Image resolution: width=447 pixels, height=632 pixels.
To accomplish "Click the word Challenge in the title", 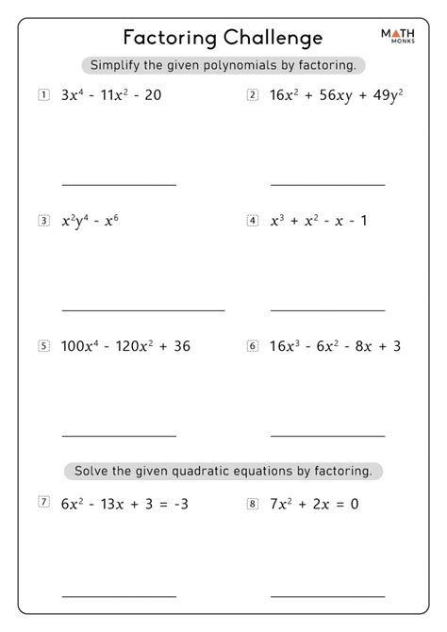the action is tap(274, 37).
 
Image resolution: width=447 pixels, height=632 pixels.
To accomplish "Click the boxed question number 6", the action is tap(253, 345).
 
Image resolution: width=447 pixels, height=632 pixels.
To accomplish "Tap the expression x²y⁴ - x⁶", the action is tap(90, 221).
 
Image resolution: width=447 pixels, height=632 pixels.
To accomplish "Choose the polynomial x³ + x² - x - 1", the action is tap(318, 221).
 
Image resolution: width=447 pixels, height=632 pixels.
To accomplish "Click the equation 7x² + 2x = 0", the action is tap(314, 504).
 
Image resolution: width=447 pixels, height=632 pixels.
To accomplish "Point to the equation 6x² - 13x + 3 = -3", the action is tap(125, 504).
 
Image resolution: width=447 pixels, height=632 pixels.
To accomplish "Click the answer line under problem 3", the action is tap(143, 310).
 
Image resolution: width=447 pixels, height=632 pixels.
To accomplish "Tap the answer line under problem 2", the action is tap(327, 184).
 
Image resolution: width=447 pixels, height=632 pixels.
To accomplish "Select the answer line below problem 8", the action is tap(327, 595).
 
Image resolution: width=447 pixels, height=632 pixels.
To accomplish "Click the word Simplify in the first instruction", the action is tap(119, 65).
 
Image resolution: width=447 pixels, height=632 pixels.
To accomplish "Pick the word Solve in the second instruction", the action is tap(91, 469).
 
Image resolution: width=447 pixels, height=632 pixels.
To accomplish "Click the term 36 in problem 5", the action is tap(182, 346).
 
